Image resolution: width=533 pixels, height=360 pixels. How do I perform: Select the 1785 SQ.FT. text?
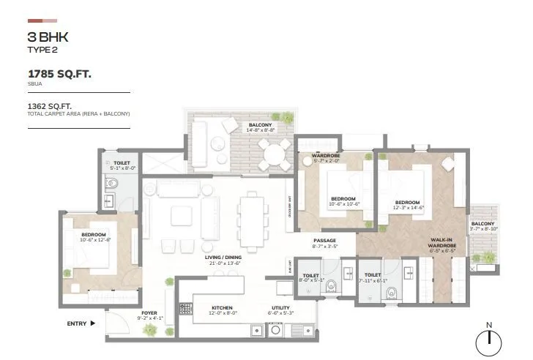coord(60,74)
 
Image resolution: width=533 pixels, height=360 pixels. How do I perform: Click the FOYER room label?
coord(149,314)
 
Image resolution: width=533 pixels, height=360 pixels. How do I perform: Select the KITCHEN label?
coord(222,308)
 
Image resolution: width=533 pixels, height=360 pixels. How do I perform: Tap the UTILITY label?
coord(280,308)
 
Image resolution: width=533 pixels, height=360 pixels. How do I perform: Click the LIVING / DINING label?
coord(223,258)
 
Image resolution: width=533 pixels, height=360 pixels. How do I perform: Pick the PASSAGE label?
coord(324,240)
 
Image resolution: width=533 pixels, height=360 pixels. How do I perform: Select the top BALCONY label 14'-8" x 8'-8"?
coord(260,125)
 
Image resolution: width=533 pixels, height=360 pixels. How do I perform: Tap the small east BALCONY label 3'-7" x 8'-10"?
coord(482,225)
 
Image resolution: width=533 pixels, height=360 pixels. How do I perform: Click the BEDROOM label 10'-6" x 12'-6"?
coord(94,235)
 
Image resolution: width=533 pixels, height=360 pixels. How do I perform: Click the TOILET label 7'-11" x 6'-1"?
coord(372,276)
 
